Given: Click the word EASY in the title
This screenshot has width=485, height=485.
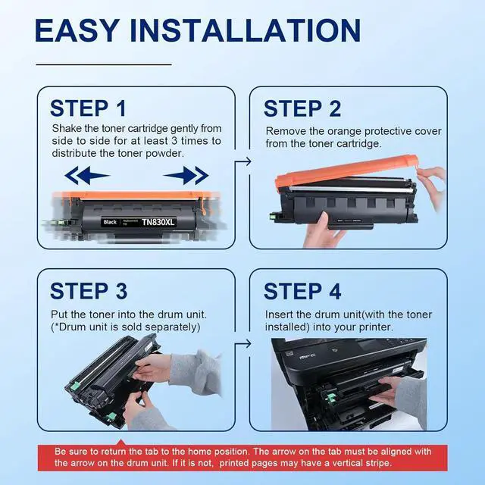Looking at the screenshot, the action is (77, 30).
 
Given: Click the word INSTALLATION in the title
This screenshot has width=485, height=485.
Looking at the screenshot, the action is (246, 30).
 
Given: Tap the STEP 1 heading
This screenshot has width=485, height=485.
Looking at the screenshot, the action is (88, 108).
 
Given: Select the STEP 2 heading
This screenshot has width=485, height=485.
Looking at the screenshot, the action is (302, 108).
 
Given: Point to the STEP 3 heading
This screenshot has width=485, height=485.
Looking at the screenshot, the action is (89, 291).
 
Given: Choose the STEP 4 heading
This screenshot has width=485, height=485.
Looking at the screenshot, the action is (302, 291).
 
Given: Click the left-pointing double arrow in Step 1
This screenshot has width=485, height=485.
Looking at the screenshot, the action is (87, 175).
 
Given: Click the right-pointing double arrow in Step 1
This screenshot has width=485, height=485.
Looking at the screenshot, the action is (186, 175).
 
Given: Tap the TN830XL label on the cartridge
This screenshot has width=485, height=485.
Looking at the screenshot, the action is (158, 222).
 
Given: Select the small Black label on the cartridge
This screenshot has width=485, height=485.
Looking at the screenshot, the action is (110, 222).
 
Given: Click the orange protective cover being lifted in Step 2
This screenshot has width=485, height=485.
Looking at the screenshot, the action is (347, 171).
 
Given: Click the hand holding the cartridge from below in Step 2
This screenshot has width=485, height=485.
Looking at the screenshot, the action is (321, 230).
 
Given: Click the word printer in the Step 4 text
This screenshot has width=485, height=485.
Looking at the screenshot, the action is (375, 327).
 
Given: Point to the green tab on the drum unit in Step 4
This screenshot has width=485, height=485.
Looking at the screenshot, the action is (331, 397).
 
